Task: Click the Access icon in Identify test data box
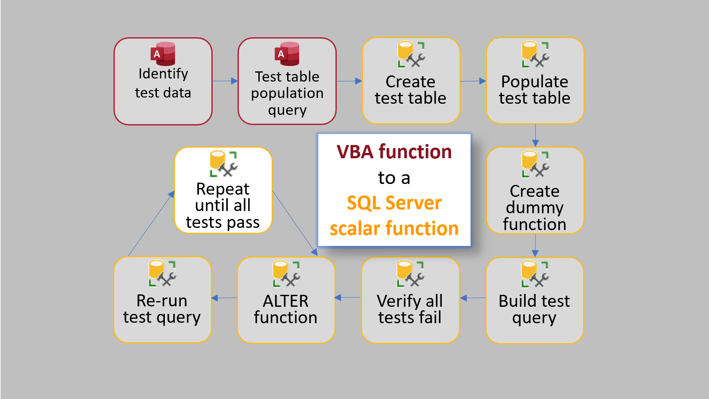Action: [163, 54]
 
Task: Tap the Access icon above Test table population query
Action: [287, 54]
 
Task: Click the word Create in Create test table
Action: [410, 82]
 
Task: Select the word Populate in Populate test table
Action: [534, 82]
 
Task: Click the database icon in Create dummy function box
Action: [535, 164]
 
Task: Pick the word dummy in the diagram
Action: [534, 207]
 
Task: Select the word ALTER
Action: [285, 301]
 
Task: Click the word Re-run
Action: [162, 301]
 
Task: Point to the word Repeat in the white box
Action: [222, 189]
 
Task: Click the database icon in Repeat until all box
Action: [223, 164]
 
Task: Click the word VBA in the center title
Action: [355, 152]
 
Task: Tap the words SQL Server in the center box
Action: [394, 203]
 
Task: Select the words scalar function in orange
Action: [394, 229]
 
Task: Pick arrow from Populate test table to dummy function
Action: [535, 135]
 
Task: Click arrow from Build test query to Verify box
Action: [473, 298]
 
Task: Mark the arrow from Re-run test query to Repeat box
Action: [151, 224]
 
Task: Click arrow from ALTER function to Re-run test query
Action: [224, 298]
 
